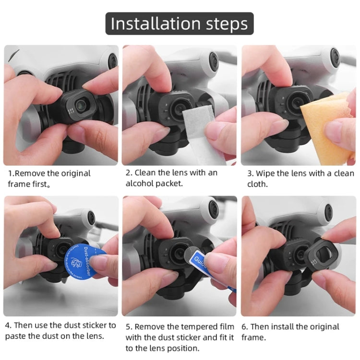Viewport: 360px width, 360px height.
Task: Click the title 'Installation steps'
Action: (x=180, y=24)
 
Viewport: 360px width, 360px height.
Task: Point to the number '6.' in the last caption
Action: (x=245, y=327)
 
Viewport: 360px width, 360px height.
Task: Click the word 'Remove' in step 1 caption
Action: (x=29, y=173)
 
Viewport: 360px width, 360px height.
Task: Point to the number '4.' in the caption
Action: (x=9, y=325)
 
